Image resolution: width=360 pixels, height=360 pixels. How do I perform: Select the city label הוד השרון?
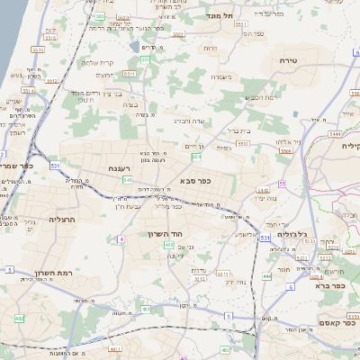tap(166, 232)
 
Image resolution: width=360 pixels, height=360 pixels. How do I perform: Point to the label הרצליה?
tap(60, 219)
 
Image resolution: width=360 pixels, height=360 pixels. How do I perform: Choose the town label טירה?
tap(301, 60)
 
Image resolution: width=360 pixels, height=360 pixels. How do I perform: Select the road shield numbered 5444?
tap(335, 132)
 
